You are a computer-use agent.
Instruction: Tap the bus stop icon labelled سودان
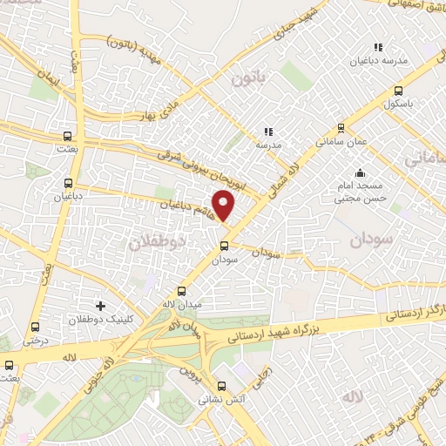pyautogui.click(x=224, y=245)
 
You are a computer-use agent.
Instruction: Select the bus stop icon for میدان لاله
pyautogui.click(x=181, y=291)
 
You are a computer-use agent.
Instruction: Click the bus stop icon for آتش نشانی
pyautogui.click(x=220, y=387)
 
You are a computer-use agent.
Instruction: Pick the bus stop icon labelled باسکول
pyautogui.click(x=398, y=91)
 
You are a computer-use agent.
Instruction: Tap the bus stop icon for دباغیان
pyautogui.click(x=69, y=184)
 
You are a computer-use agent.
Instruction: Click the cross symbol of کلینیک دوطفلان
pyautogui.click(x=102, y=306)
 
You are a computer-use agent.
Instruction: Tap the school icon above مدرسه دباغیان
pyautogui.click(x=378, y=47)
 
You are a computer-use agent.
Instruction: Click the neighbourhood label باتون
pyautogui.click(x=247, y=80)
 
